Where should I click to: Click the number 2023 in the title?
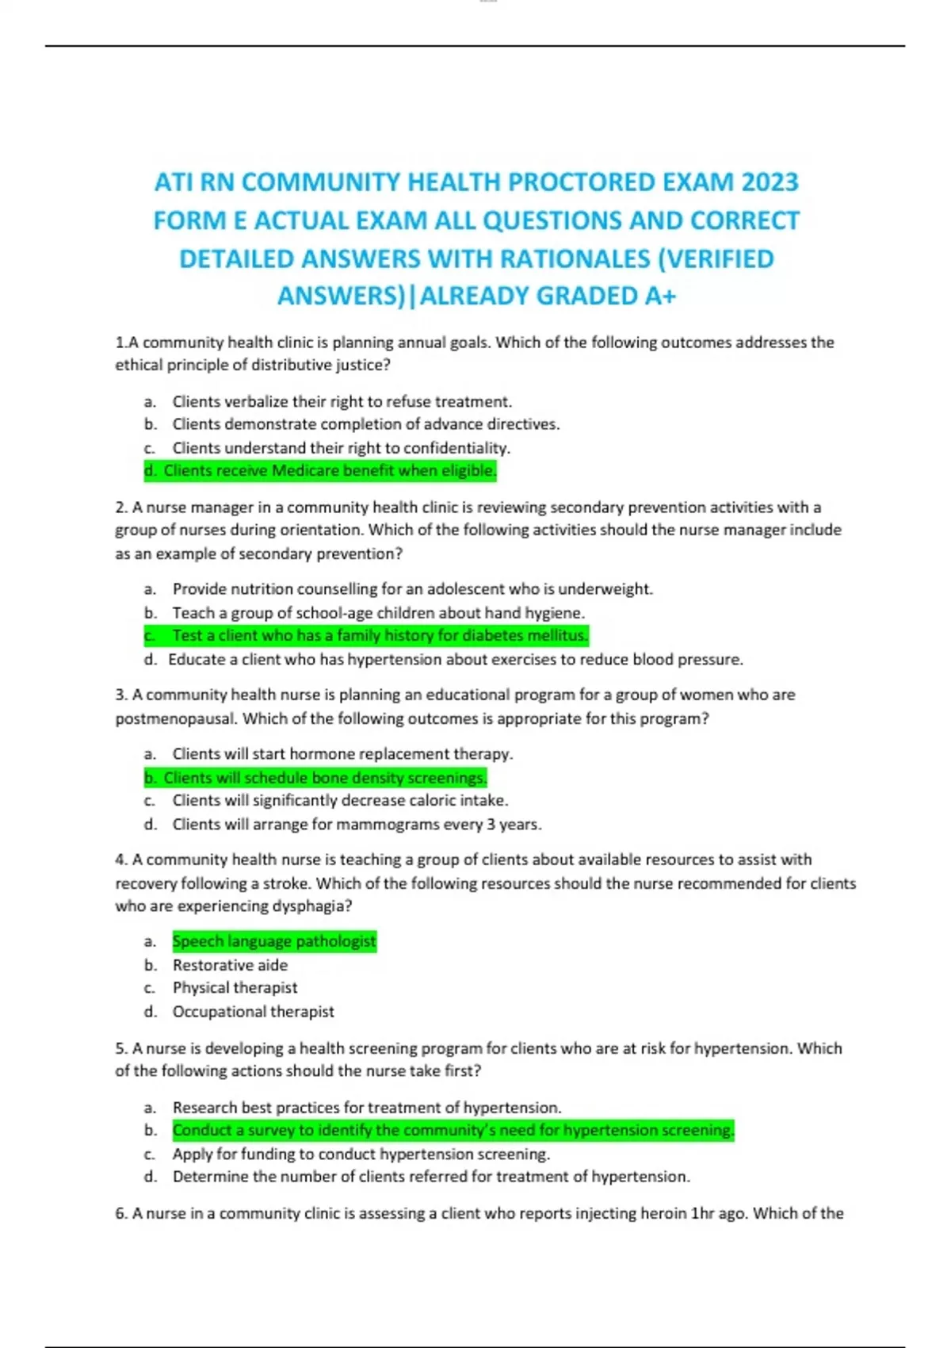[770, 182]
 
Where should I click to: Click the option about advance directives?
[365, 424]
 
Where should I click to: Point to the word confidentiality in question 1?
[460, 448]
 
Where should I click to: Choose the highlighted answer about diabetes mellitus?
[380, 636]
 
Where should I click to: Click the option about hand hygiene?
[378, 613]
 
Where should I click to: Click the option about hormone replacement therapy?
[342, 754]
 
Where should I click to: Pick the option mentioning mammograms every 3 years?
[357, 825]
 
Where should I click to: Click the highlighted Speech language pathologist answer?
[274, 941]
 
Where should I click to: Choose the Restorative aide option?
[230, 965]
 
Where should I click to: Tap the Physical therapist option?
[235, 988]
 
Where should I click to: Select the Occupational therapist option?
[253, 1012]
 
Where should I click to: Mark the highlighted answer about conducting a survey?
[453, 1130]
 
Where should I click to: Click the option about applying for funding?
[361, 1154]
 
